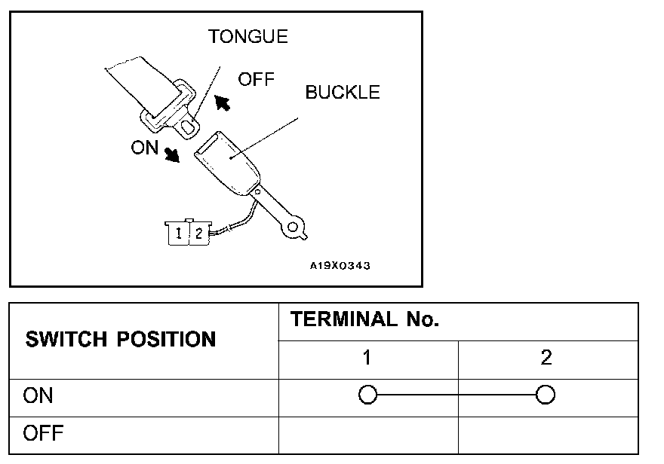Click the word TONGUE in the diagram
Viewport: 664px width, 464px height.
(248, 36)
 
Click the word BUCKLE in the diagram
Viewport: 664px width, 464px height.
(343, 93)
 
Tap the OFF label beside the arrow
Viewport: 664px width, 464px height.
(256, 79)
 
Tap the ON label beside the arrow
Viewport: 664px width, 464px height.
(144, 148)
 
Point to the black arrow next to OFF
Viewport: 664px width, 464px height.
(223, 101)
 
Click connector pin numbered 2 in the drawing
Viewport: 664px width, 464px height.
(198, 234)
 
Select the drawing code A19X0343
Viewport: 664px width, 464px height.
(340, 265)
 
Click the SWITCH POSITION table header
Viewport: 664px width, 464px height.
(121, 340)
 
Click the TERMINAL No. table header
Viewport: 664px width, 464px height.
(365, 320)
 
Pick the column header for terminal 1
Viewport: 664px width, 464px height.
(367, 359)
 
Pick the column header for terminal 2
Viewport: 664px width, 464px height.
(546, 359)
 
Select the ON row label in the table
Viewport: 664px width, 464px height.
(38, 395)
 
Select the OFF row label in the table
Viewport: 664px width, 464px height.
(44, 434)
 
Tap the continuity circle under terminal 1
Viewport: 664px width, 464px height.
(367, 395)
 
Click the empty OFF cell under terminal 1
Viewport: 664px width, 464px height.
(368, 435)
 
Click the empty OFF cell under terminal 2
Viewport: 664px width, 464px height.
(548, 435)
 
